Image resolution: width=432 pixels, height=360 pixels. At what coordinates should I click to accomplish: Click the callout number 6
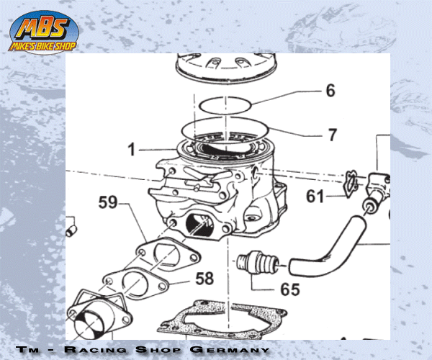pos(330,90)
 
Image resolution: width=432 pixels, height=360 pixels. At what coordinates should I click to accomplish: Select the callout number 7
pos(333,135)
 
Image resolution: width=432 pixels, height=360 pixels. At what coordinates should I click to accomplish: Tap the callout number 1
pos(132,150)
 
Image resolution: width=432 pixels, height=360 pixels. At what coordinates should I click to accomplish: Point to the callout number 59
pos(108,202)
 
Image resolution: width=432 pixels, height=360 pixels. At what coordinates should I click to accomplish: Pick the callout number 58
pos(204,278)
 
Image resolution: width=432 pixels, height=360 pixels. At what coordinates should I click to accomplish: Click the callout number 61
pos(315,197)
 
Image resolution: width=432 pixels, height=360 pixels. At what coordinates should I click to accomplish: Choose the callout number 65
pos(290,289)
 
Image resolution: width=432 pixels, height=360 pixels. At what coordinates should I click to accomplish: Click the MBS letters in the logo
pos(45,28)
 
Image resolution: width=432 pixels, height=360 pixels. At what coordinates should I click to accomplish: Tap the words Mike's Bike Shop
pos(42,46)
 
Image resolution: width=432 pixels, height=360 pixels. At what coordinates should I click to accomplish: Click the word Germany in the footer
pos(230,349)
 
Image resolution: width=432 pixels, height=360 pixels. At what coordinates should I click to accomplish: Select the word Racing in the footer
pos(95,349)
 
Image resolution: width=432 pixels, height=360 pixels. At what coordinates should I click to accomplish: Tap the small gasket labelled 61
pos(350,184)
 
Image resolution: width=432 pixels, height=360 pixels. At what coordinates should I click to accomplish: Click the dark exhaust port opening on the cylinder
pos(199,225)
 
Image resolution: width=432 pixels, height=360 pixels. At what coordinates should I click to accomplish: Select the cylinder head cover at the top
pos(225,67)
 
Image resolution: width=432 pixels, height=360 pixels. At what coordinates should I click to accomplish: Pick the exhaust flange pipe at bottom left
pos(97,317)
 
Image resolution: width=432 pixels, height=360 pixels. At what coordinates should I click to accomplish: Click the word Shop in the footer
pos(158,349)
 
